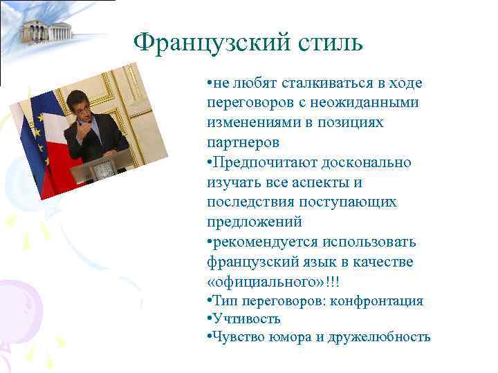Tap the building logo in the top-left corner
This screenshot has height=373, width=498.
[x=47, y=30]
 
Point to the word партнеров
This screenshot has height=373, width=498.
[x=243, y=143]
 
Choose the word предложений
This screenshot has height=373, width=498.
[x=254, y=223]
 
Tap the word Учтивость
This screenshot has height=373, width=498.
[x=246, y=319]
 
